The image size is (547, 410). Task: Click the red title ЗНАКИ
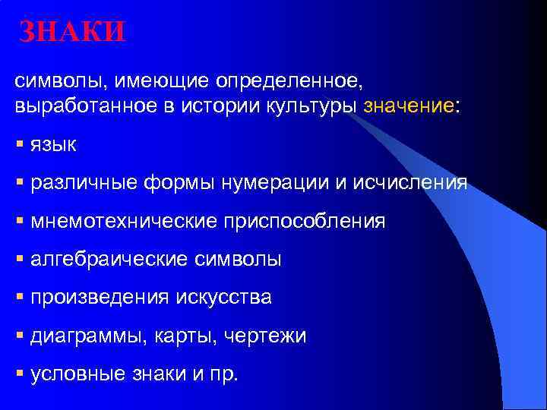(71, 32)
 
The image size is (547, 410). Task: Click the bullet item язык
(53, 145)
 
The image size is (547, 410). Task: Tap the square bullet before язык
(20, 143)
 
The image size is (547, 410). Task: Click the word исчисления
(413, 183)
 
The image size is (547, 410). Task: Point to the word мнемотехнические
(122, 221)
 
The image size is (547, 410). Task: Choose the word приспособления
(303, 221)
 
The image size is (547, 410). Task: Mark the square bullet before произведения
(20, 296)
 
